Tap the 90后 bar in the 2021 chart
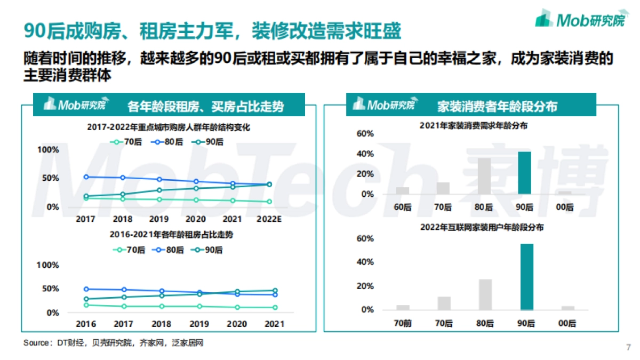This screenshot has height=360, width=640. (525, 173)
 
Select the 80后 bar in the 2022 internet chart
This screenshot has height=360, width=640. (484, 294)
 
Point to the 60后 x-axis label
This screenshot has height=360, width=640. (403, 207)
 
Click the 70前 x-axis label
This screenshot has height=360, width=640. (403, 323)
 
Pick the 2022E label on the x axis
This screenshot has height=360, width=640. (269, 219)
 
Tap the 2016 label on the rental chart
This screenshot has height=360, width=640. (86, 324)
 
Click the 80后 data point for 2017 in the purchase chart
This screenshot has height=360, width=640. (86, 177)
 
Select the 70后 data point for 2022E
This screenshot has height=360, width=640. (269, 202)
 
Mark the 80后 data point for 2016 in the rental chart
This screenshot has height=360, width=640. (86, 289)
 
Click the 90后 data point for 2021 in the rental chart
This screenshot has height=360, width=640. (275, 291)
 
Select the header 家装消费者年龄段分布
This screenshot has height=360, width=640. (497, 106)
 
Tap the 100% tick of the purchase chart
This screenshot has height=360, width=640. (48, 150)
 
